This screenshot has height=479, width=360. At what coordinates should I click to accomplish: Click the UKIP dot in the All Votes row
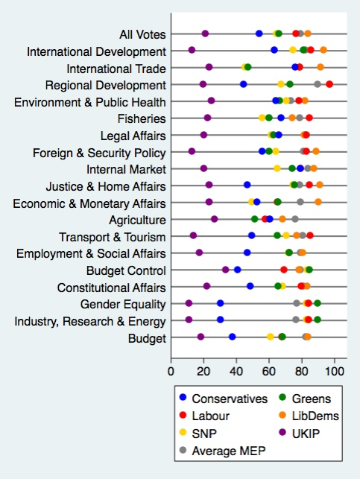205,34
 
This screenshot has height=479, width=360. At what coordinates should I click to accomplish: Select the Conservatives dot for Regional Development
243,84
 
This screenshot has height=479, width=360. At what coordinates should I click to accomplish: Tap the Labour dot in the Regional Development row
329,84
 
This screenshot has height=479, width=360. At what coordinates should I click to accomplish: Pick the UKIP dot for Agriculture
214,219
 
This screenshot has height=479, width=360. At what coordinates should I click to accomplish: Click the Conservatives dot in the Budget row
233,337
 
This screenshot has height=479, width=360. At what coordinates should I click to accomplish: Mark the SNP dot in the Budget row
271,337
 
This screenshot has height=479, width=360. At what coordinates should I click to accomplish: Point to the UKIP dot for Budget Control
226,270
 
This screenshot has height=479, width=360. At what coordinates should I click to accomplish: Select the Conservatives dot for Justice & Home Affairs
247,185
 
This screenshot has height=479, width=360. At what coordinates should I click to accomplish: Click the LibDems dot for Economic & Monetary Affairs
318,202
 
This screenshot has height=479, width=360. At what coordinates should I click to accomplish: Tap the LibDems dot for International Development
323,51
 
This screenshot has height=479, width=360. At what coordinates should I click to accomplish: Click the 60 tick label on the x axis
269,368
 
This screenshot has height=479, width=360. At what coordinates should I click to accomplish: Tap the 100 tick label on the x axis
334,368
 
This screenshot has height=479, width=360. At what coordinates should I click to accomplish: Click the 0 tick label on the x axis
171,368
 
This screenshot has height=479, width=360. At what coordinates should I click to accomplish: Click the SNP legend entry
212,434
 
